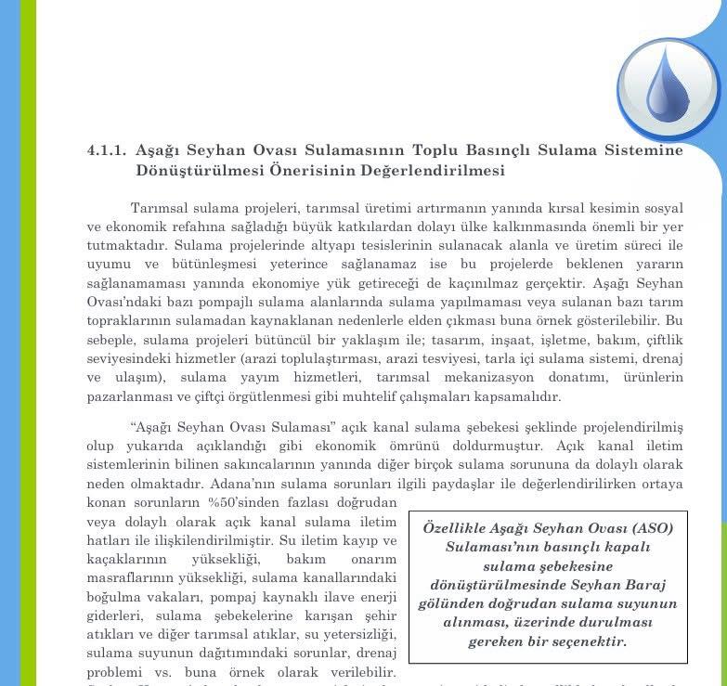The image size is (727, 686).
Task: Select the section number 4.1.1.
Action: [x=106, y=150]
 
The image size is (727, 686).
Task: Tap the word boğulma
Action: [x=114, y=597]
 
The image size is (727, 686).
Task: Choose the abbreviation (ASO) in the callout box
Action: [x=647, y=528]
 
